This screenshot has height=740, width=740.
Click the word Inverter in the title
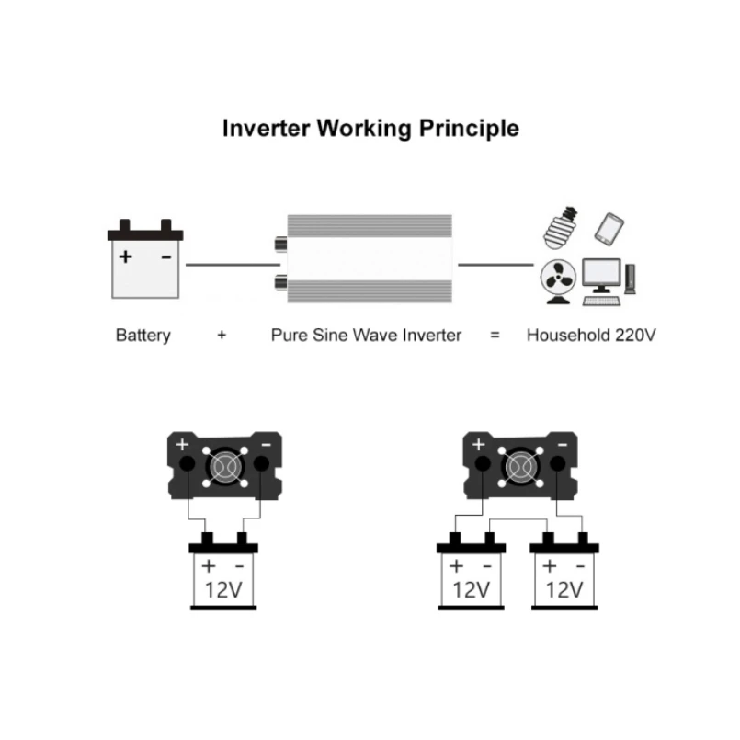pyautogui.click(x=266, y=128)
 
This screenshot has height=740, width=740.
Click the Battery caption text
pyautogui.click(x=143, y=335)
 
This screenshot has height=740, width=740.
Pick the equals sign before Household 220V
pyautogui.click(x=495, y=335)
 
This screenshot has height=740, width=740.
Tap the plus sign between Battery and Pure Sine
pyautogui.click(x=222, y=335)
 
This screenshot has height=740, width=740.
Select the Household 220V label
pyautogui.click(x=591, y=335)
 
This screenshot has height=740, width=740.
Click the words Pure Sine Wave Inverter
pyautogui.click(x=366, y=335)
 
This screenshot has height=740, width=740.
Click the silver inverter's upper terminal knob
pyautogui.click(x=279, y=245)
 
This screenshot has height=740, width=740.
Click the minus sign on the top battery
pyautogui.click(x=166, y=256)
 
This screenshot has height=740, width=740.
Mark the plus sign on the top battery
pyautogui.click(x=126, y=256)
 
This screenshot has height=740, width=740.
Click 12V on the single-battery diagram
pyautogui.click(x=224, y=589)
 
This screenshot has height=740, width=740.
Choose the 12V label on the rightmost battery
pyautogui.click(x=564, y=589)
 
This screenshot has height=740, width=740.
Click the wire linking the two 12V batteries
pyautogui.click(x=518, y=521)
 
